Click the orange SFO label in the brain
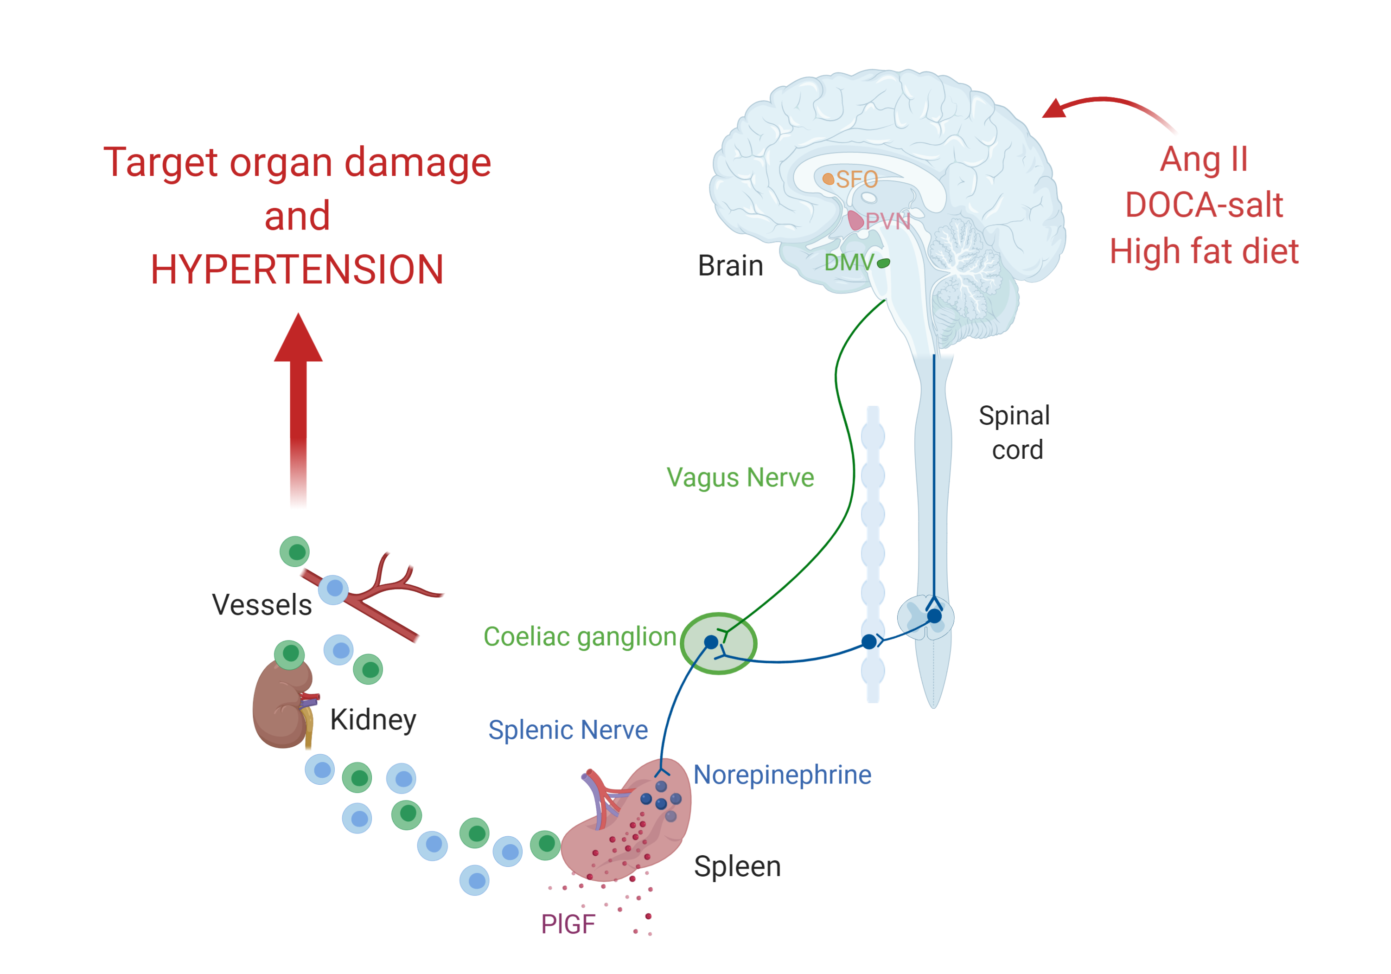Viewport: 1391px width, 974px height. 857,179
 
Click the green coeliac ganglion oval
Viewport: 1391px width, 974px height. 719,644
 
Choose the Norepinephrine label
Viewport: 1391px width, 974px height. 782,775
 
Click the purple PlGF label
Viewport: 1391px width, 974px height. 568,924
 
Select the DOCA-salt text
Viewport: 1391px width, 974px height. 1204,205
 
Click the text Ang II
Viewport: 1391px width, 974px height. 1204,160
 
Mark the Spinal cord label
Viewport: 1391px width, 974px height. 1015,433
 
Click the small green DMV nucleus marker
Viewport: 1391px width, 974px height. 884,263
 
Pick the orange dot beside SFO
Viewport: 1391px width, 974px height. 828,179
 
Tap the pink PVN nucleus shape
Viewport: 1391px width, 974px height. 855,220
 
